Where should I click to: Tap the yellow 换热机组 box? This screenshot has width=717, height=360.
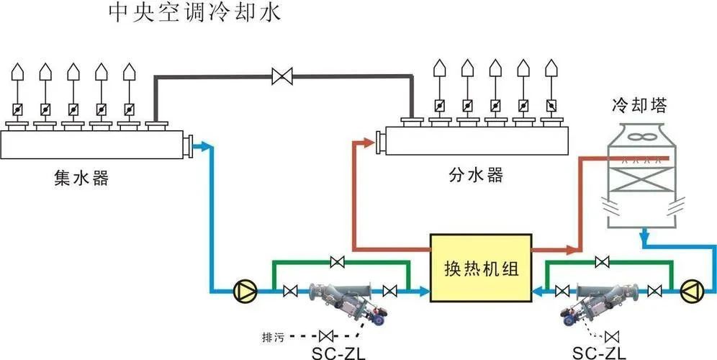480,267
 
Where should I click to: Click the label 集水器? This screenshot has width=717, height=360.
81,177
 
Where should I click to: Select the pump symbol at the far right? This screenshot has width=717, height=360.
690,291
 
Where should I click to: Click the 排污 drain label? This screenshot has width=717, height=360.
278,335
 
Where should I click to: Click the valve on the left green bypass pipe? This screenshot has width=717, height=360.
335,261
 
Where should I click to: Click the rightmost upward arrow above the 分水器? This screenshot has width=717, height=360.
551,67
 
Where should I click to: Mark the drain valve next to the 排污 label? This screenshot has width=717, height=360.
326,335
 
